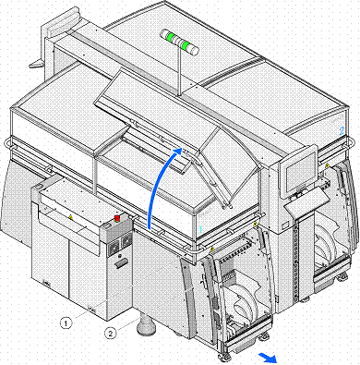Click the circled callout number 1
[66, 323]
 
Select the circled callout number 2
[111, 333]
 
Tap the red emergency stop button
[117, 218]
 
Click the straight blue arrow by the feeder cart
[268, 358]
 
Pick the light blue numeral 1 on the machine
[200, 229]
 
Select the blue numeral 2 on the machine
[342, 131]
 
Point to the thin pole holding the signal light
[179, 71]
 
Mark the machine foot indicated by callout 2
[145, 325]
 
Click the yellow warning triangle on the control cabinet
[71, 217]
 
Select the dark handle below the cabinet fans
[121, 263]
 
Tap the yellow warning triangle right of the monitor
[327, 165]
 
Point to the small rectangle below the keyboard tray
[285, 225]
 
